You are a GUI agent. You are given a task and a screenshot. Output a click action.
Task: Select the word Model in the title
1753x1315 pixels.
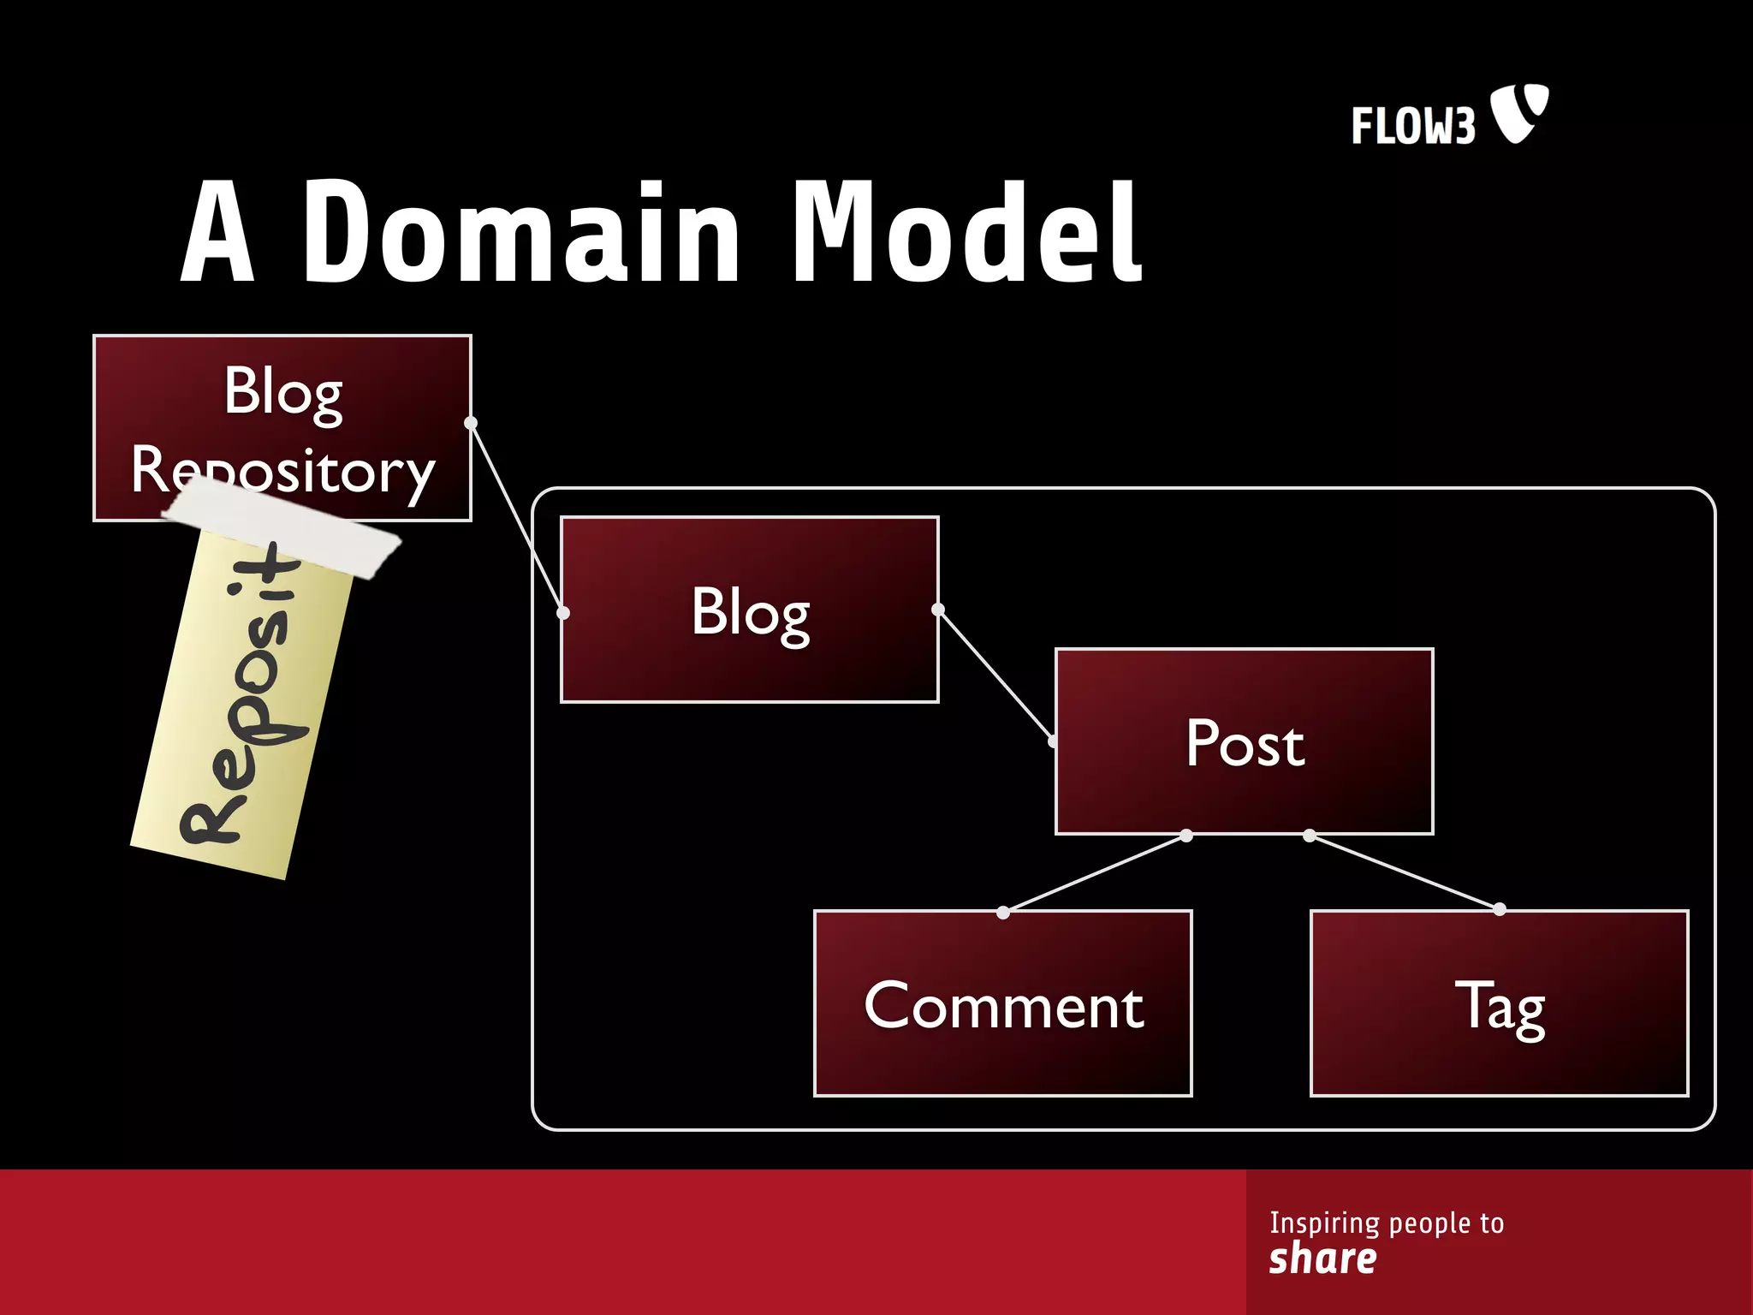tap(967, 233)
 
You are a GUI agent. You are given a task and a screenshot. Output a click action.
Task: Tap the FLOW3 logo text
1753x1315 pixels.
tap(1413, 126)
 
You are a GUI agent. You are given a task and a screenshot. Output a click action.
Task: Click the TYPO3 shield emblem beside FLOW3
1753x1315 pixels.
tap(1518, 112)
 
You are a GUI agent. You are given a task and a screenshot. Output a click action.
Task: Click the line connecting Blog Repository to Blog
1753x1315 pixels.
tap(517, 517)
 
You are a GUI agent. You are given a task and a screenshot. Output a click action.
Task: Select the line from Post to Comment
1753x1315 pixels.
tap(1095, 874)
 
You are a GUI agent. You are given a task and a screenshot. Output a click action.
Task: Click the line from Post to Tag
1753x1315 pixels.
tap(1405, 872)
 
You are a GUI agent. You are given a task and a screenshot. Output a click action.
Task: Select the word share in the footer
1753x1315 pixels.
tap(1322, 1258)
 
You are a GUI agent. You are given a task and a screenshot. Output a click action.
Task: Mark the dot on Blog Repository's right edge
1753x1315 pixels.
tap(471, 423)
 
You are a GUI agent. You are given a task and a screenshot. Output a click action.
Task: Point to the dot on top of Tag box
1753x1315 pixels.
tap(1500, 909)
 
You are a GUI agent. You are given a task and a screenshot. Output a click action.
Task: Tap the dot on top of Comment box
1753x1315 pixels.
tap(1003, 913)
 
